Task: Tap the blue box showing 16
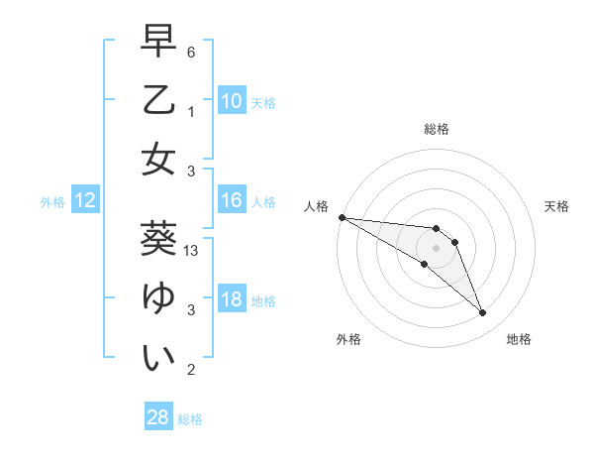[232, 201]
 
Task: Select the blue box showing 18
[232, 299]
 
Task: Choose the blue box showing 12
[85, 201]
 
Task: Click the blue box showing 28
[158, 417]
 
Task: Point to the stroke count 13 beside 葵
[192, 252]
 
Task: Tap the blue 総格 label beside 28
[190, 419]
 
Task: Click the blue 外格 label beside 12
[52, 202]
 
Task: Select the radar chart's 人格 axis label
[317, 206]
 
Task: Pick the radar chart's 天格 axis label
[557, 206]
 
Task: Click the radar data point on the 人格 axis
[342, 216]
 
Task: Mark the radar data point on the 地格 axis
[483, 313]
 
